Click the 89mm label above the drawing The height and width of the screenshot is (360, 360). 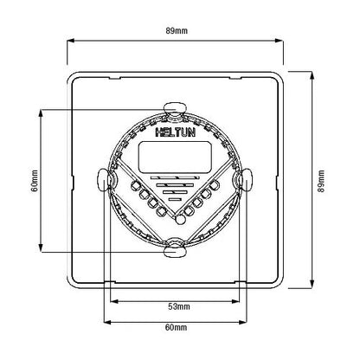(177, 30)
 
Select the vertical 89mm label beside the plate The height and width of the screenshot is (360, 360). (321, 181)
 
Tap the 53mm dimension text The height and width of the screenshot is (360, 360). (179, 306)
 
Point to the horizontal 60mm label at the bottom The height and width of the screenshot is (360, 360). (176, 327)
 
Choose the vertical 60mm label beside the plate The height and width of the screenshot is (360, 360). (35, 181)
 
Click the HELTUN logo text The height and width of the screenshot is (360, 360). (176, 132)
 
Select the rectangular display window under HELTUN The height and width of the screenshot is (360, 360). (175, 157)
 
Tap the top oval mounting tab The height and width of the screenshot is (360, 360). (175, 109)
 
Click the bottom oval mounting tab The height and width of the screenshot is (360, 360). (175, 252)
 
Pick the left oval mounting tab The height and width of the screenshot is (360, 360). (102, 179)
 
